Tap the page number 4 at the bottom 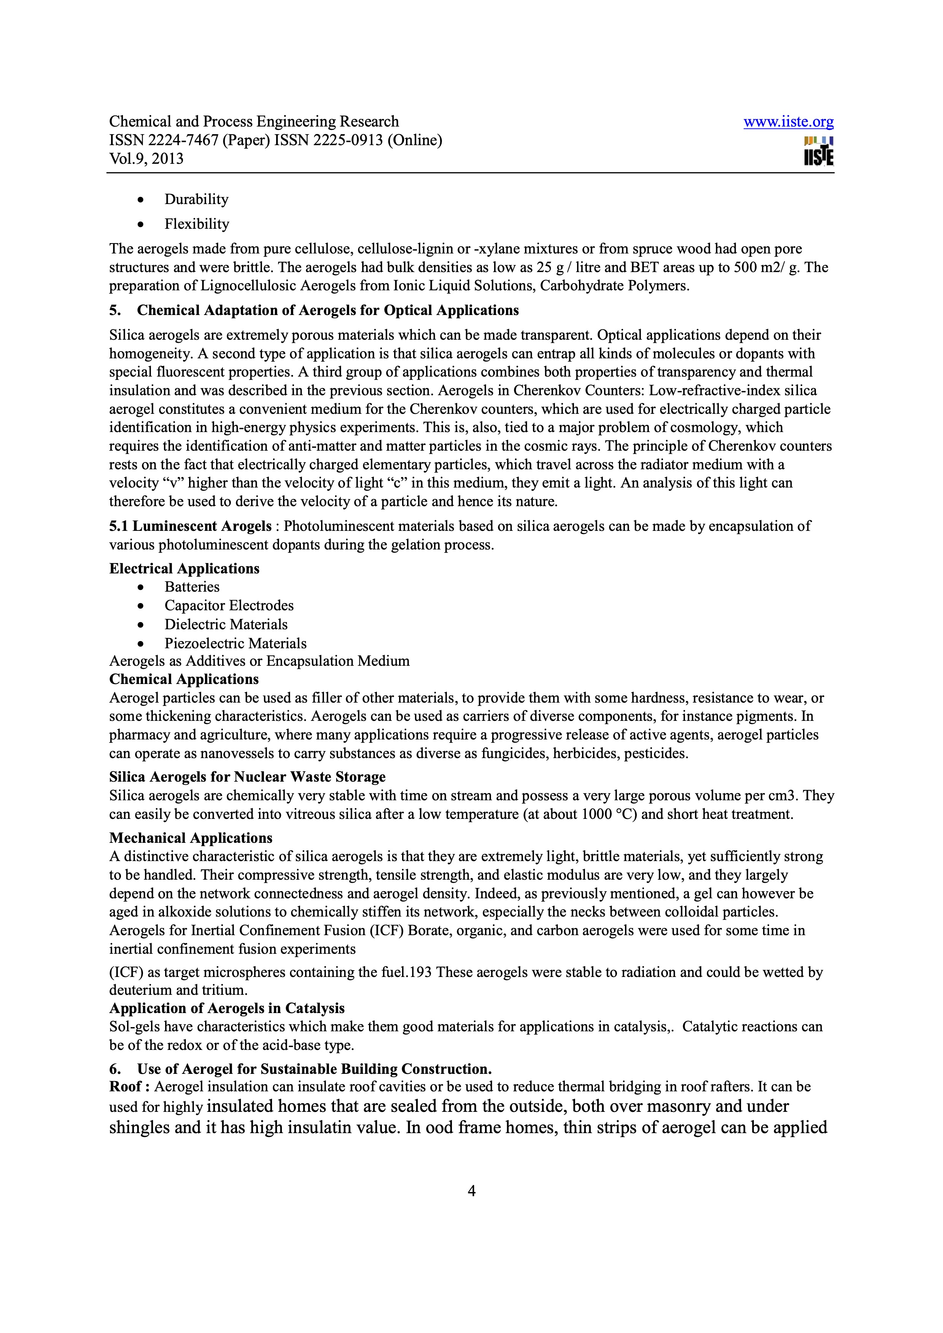[x=471, y=1191]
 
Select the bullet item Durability [x=196, y=199]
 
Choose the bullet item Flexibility [x=196, y=224]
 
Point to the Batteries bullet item [x=192, y=587]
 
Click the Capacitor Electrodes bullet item [x=229, y=606]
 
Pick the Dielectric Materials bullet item [x=226, y=625]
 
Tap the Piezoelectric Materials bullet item [x=235, y=643]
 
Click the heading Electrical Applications [x=184, y=568]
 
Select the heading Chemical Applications [x=184, y=679]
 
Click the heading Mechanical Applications [x=191, y=838]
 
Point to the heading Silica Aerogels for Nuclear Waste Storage [x=248, y=777]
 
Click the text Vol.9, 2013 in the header [x=146, y=158]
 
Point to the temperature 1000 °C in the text [x=606, y=814]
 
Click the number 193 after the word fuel [x=421, y=972]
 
